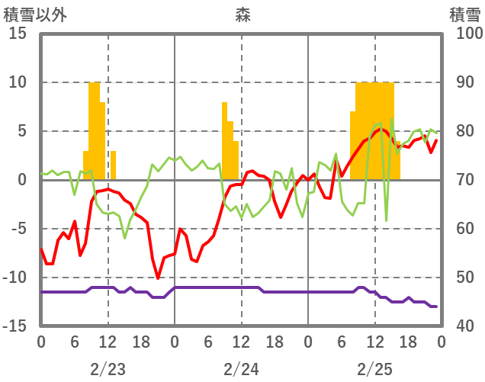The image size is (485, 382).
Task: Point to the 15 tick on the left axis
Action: pyautogui.click(x=19, y=34)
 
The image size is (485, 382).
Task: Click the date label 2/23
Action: pyautogui.click(x=108, y=370)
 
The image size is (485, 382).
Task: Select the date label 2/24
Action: pyautogui.click(x=241, y=370)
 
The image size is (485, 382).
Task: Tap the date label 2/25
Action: pyautogui.click(x=374, y=370)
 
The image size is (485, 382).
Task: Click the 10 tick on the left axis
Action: pyautogui.click(x=19, y=82)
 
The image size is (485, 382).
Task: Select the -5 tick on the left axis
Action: pyautogui.click(x=19, y=229)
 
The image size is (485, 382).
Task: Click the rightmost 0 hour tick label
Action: pyautogui.click(x=441, y=342)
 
